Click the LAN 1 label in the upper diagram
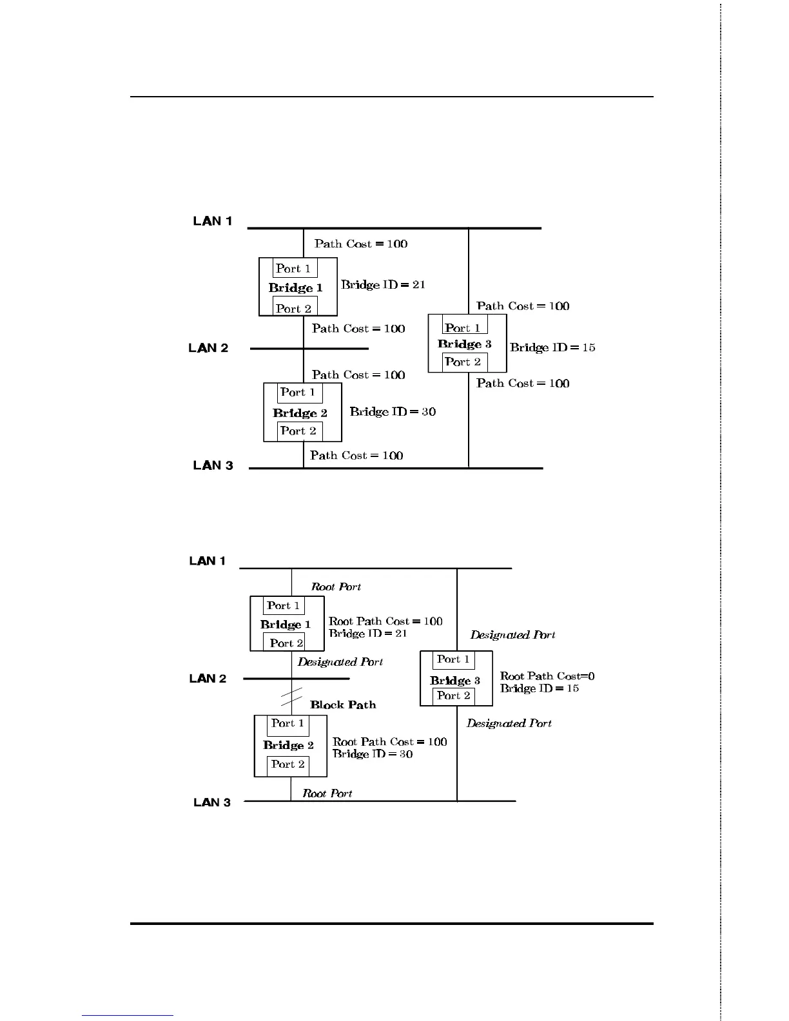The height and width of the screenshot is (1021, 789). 212,221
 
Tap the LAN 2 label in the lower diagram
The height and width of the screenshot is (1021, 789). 208,679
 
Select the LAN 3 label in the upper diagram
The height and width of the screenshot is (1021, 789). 213,465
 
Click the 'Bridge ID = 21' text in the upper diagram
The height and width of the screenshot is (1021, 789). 383,285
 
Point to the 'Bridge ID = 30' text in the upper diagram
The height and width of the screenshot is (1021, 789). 393,412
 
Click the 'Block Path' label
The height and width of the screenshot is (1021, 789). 343,705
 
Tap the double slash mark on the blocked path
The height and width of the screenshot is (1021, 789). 292,697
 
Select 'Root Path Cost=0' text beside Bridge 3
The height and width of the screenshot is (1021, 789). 547,676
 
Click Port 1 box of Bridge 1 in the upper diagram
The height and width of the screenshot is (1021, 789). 294,269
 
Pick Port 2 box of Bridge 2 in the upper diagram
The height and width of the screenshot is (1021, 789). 299,431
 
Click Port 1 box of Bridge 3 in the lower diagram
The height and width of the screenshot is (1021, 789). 453,659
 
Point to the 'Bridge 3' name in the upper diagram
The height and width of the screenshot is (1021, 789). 465,344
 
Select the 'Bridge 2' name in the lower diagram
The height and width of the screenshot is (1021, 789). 288,745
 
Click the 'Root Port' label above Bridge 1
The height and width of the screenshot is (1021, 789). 336,587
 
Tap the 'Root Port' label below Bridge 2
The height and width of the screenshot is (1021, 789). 327,793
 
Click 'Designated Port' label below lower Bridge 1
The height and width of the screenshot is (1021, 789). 340,662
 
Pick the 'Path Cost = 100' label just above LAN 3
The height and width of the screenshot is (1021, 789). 356,456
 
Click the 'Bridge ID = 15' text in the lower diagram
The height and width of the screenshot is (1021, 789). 540,688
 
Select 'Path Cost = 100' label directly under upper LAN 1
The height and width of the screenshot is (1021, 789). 361,244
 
